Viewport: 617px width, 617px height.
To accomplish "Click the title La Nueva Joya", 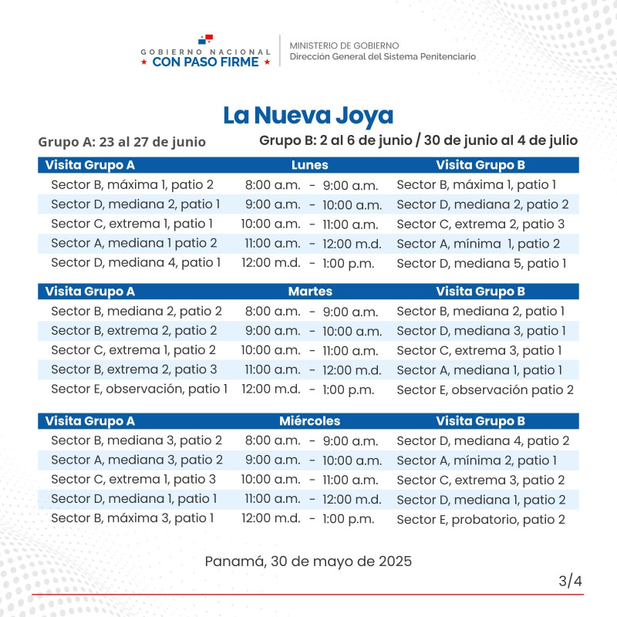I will (308, 116).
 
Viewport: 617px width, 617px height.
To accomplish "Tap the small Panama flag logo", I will (205, 39).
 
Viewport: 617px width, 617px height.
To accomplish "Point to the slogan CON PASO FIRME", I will (206, 62).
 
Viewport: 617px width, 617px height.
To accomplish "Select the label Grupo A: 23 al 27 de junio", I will (122, 142).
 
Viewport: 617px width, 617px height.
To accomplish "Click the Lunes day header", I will (310, 165).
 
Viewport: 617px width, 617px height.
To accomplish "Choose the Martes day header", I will (310, 292).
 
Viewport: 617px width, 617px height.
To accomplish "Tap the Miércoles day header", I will (310, 421).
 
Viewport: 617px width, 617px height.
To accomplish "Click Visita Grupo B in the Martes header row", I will (480, 292).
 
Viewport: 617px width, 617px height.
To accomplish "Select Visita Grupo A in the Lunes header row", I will (90, 165).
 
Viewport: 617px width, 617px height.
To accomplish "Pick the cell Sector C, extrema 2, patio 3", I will (480, 224).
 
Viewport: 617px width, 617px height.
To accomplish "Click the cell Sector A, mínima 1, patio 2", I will (478, 244).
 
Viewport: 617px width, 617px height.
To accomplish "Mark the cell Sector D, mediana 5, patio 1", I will (481, 263).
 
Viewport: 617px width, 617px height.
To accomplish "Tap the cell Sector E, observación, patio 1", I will (139, 389).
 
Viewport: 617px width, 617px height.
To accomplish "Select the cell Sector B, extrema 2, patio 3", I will (134, 369).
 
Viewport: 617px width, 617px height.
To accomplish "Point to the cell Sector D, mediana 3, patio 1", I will (481, 331).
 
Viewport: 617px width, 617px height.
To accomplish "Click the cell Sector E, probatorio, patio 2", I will (480, 519).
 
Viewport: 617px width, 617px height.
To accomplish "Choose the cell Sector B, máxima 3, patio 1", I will (133, 518).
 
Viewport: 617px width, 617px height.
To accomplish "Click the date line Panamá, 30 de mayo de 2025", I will (308, 561).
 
